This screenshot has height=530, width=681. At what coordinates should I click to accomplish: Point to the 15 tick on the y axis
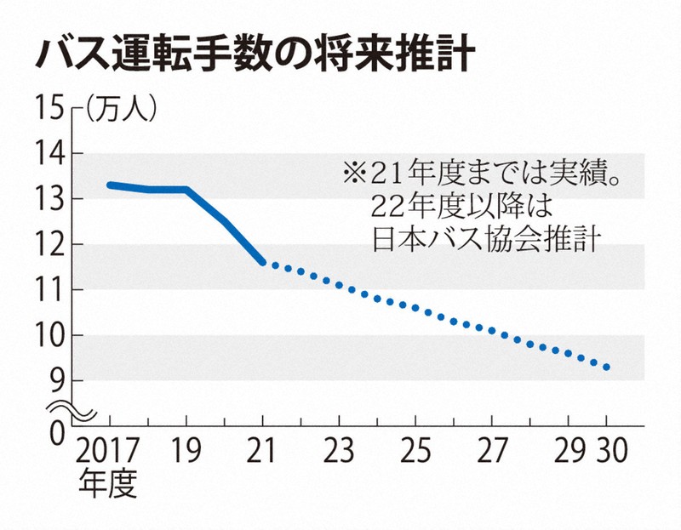[49, 108]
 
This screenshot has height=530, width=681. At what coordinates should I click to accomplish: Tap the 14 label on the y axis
[49, 154]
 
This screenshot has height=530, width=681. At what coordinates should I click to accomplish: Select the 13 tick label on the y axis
[49, 199]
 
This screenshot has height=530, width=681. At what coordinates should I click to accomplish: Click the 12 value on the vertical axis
[49, 245]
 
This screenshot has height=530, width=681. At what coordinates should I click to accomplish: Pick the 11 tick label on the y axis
[49, 290]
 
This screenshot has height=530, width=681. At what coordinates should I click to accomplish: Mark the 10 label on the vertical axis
[49, 336]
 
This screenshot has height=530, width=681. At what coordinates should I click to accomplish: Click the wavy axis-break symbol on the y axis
[72, 411]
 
